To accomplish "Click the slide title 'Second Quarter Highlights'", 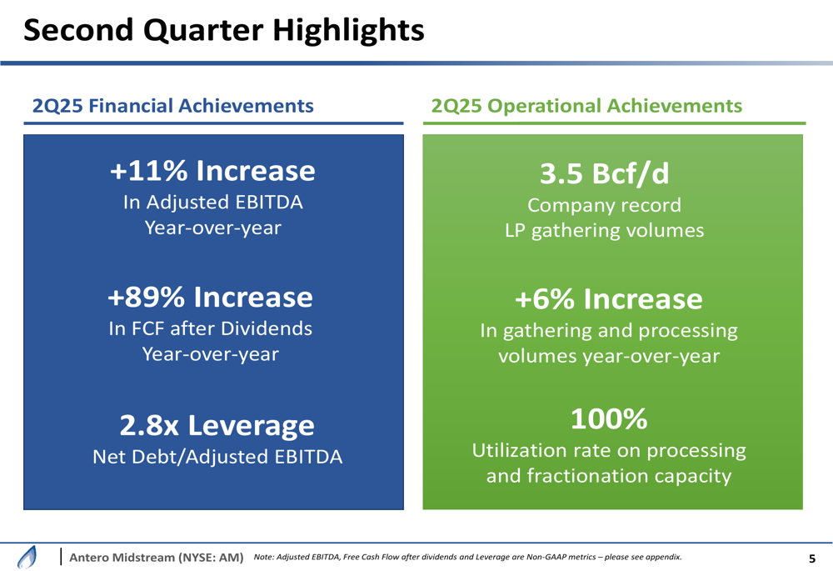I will click(x=223, y=31).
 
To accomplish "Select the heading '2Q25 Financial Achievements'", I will click(x=172, y=106).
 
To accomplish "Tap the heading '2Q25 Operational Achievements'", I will click(x=586, y=106).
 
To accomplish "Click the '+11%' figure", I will click(x=149, y=171).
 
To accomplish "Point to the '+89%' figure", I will click(x=147, y=297).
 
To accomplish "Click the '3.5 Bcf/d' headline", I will click(x=604, y=173).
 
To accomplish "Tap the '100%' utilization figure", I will click(x=609, y=419).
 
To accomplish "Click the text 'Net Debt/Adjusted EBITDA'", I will click(x=217, y=457).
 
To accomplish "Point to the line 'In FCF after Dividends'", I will click(x=211, y=328).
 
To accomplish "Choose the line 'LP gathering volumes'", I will click(x=604, y=231).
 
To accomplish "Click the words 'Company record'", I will click(x=604, y=205).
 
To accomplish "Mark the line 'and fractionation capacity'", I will click(x=609, y=477).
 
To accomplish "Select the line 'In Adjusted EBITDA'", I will click(x=212, y=203).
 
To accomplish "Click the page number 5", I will click(x=812, y=558).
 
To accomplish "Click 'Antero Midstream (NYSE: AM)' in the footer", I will click(x=156, y=557).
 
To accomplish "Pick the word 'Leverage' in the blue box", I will click(x=250, y=426).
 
